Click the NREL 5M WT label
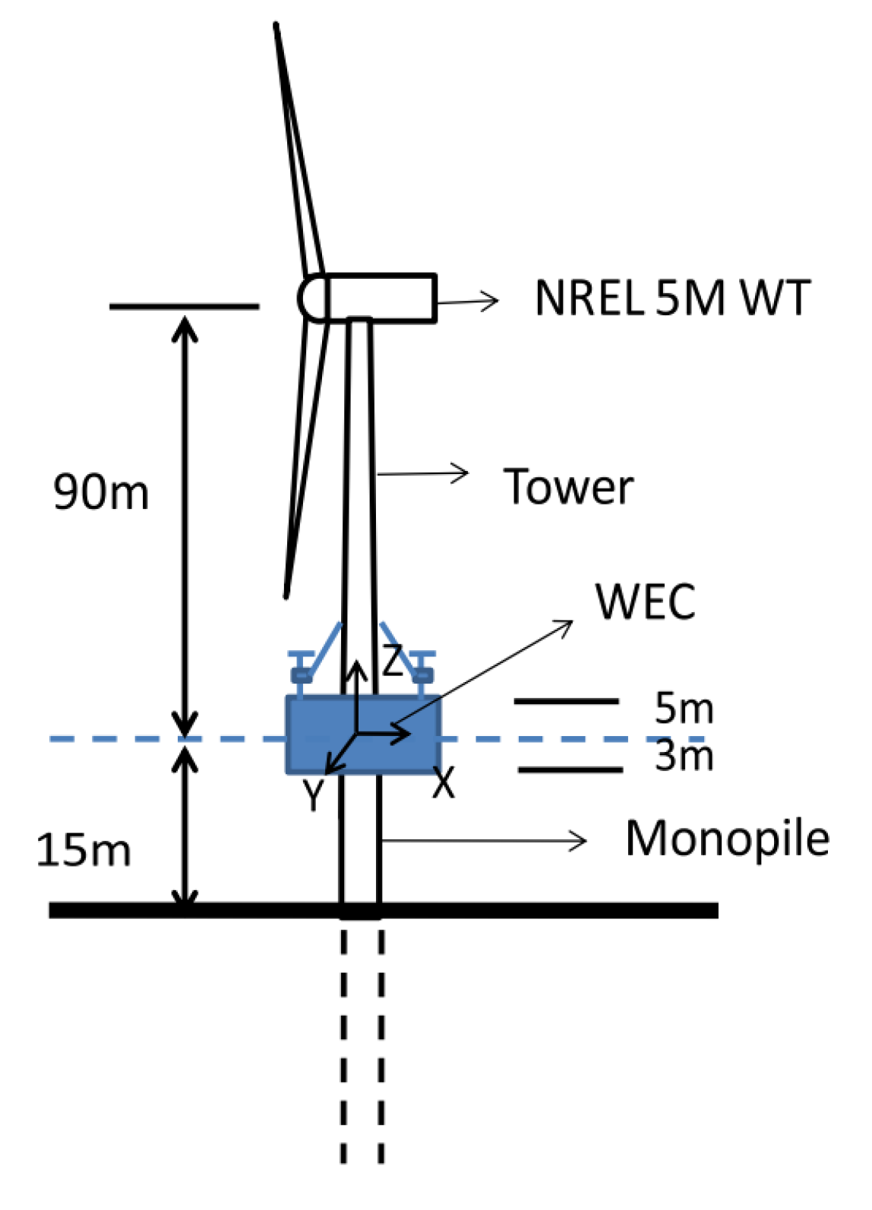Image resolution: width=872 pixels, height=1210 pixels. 671,298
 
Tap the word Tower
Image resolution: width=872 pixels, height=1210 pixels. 568,487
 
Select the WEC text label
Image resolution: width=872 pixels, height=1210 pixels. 645,602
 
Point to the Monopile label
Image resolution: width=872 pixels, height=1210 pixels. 727,839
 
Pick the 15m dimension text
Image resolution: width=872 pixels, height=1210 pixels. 84,850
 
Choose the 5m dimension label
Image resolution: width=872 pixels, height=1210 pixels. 684,709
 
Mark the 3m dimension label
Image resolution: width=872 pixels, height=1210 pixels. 684,756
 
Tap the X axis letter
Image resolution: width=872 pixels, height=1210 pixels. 444,782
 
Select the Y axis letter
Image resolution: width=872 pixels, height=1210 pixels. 312,795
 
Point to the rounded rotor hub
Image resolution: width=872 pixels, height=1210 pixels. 311,298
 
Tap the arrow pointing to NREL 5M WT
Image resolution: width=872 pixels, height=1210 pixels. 467,302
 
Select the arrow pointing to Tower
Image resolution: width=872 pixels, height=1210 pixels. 422,474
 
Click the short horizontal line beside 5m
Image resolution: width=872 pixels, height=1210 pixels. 566,700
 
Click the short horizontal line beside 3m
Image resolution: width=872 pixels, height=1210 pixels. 570,770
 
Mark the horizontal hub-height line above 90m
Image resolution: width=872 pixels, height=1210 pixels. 184,307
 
